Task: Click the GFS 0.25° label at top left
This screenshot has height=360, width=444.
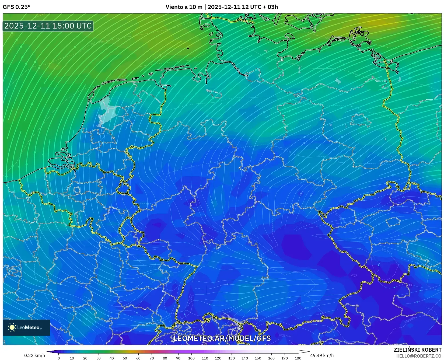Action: (x=16, y=7)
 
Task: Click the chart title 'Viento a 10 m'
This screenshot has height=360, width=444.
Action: (x=184, y=7)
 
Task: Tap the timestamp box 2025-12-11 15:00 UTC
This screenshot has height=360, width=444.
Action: (x=48, y=26)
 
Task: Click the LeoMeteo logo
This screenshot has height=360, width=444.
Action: (x=26, y=327)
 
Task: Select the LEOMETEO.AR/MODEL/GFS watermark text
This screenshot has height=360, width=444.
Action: (x=222, y=338)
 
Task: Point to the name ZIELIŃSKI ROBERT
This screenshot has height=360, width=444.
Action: (x=418, y=350)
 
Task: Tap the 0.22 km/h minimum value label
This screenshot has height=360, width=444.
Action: (x=34, y=355)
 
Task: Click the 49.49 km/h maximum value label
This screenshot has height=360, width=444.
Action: (x=322, y=355)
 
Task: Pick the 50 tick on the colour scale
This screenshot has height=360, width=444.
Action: (x=125, y=358)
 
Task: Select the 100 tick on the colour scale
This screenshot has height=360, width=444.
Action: (x=191, y=358)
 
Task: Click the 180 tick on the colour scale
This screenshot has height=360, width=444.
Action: (x=298, y=358)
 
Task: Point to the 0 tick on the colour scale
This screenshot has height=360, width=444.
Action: (x=59, y=358)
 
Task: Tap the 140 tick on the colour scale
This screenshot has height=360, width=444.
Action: (x=244, y=358)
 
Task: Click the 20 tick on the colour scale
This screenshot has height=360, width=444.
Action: (x=85, y=358)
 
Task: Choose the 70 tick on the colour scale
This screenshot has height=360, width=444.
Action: (x=152, y=358)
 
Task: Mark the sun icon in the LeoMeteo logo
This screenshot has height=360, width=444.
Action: (x=12, y=327)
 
